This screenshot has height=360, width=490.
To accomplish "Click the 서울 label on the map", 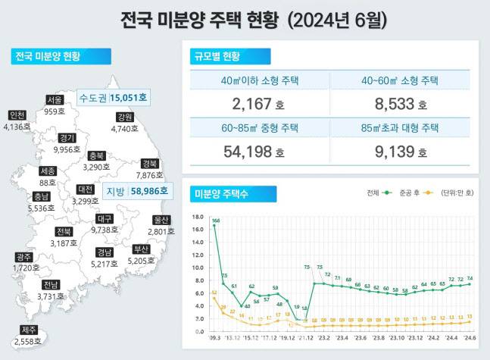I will tap(54, 100).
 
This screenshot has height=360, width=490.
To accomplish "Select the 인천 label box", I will tap(17, 115).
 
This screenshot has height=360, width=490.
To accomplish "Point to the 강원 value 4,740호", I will tap(125, 129).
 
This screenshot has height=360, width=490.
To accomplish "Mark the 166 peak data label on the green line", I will tap(216, 221).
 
